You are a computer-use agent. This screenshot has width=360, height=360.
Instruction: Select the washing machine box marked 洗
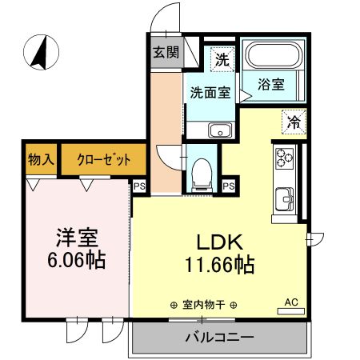(x=222, y=58)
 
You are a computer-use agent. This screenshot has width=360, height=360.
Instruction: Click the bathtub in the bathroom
(x=272, y=57)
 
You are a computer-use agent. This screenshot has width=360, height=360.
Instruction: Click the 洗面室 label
(x=210, y=93)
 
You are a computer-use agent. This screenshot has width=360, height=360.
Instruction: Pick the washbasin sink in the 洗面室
(x=218, y=130)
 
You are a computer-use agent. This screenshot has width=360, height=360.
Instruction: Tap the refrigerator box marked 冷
(x=294, y=122)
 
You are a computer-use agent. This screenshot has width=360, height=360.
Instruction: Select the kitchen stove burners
(x=286, y=160)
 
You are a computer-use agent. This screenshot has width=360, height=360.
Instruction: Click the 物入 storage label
(x=40, y=159)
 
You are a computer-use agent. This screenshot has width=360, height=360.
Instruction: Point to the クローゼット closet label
(x=103, y=159)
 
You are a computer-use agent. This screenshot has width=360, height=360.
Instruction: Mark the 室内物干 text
(x=209, y=304)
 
